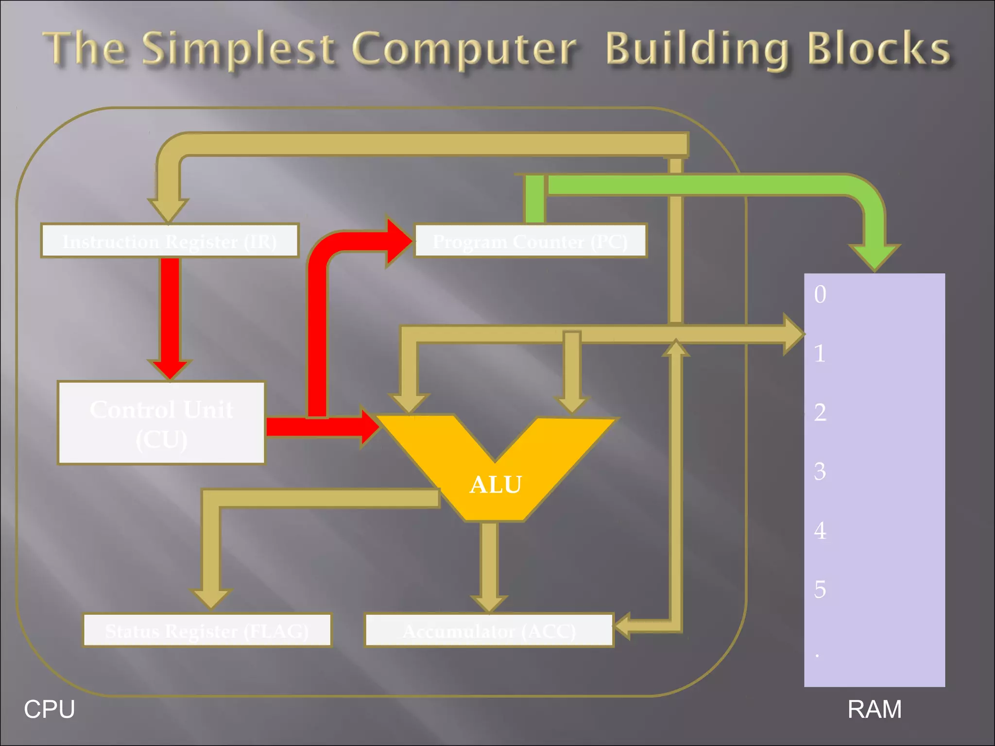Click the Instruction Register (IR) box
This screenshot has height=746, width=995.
[170, 241]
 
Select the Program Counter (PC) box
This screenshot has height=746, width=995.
[530, 241]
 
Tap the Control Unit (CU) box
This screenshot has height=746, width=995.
[161, 423]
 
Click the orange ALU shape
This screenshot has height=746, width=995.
[496, 481]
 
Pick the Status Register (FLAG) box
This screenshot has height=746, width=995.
[207, 630]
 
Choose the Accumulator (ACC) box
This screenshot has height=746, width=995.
[489, 630]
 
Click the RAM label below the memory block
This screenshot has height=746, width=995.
[874, 709]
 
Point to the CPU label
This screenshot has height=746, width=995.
[49, 709]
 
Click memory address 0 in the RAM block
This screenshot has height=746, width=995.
[820, 294]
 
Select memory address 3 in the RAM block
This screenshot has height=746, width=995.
[820, 471]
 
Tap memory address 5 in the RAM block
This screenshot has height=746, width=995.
[820, 589]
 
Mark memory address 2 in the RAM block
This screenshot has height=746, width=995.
[820, 412]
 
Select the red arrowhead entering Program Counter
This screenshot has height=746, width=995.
[398, 241]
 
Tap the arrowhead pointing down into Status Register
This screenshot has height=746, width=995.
[211, 598]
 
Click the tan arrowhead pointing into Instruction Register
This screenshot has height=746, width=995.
[168, 210]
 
